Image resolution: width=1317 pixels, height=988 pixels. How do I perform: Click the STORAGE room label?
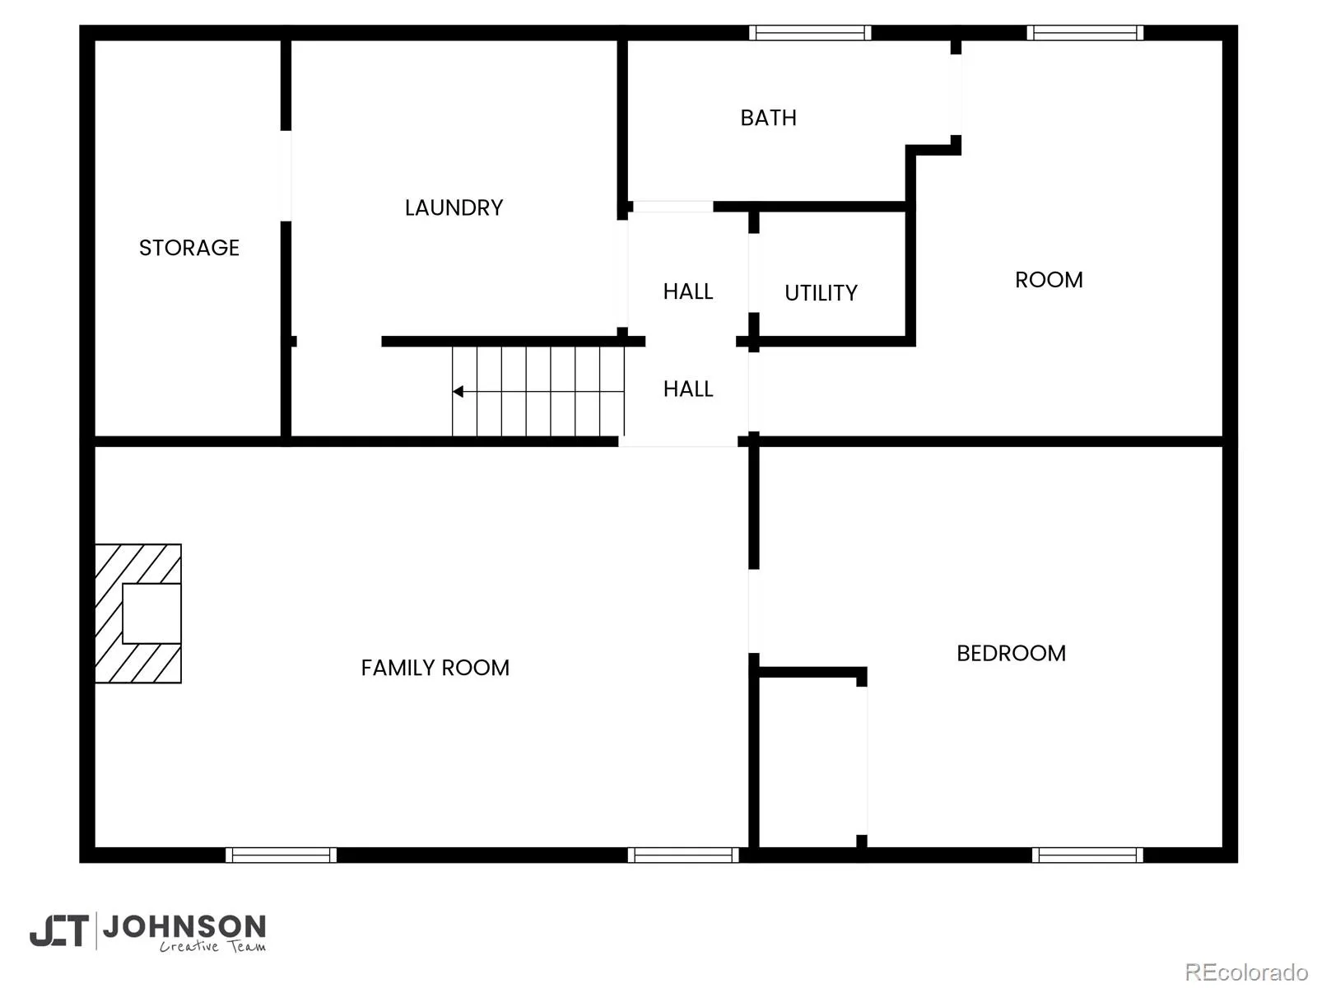click(x=189, y=248)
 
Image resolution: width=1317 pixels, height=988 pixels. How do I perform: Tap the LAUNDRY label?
click(x=454, y=207)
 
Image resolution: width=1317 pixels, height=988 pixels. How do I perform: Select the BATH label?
click(x=768, y=118)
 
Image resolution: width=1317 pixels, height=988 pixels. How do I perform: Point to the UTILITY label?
click(x=821, y=293)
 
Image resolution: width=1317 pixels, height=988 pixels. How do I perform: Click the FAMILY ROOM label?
click(x=435, y=668)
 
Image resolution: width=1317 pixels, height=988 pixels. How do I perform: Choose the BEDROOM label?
click(x=1011, y=653)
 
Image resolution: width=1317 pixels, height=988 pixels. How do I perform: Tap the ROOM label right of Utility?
click(x=1049, y=280)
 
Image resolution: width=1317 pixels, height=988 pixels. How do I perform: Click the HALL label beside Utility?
click(x=687, y=291)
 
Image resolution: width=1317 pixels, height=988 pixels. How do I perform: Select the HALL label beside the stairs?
click(x=687, y=389)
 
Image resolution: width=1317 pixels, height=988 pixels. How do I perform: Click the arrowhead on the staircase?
click(x=457, y=392)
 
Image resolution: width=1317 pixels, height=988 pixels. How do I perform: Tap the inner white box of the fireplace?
click(x=151, y=613)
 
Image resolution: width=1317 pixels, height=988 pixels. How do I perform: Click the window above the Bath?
click(x=809, y=32)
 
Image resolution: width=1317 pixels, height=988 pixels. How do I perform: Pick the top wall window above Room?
click(x=1085, y=32)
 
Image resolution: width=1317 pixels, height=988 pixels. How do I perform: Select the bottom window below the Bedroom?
click(x=1087, y=855)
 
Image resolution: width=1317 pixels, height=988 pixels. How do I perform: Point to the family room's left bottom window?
click(x=281, y=855)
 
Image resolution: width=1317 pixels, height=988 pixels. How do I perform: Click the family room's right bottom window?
click(x=683, y=855)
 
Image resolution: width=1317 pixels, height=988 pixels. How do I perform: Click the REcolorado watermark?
click(x=1247, y=972)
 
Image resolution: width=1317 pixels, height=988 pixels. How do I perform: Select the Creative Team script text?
click(x=212, y=946)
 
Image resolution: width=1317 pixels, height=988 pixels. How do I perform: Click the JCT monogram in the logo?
click(x=59, y=930)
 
